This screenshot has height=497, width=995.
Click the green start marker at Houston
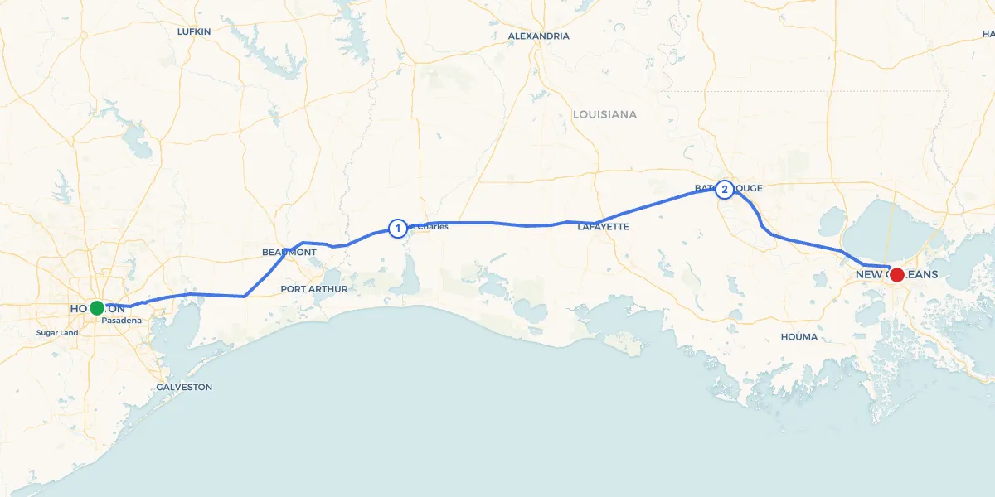click(x=97, y=308)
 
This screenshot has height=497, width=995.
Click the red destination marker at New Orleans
click(x=896, y=274)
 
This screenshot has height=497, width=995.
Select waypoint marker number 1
click(x=397, y=228)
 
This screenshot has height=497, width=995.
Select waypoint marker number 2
click(x=725, y=190)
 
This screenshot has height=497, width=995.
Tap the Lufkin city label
click(x=194, y=31)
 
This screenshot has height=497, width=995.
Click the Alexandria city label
click(x=538, y=36)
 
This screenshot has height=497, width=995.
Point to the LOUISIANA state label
click(x=604, y=114)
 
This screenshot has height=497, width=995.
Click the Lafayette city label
click(x=604, y=226)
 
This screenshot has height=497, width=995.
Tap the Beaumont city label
click(x=289, y=252)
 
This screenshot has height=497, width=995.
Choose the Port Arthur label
click(x=313, y=289)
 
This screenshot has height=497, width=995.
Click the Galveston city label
click(x=184, y=387)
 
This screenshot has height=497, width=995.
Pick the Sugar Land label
click(x=57, y=333)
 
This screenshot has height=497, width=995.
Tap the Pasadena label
click(x=122, y=320)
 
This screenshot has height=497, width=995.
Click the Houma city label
click(x=799, y=337)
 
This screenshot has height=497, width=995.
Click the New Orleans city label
click(x=896, y=274)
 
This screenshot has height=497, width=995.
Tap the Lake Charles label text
click(x=429, y=227)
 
